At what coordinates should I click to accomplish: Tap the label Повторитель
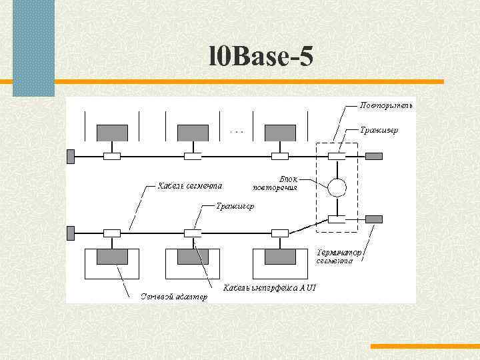tap(386, 105)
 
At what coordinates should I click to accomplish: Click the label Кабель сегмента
tap(190, 185)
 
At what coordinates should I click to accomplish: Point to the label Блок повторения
tap(279, 183)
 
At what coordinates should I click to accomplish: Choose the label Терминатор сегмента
tap(339, 257)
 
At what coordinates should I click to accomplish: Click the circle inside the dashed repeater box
tap(337, 187)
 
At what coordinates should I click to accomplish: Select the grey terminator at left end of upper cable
tap(70, 156)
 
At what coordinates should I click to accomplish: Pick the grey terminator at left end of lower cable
tap(70, 233)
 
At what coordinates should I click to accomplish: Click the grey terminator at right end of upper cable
tap(374, 156)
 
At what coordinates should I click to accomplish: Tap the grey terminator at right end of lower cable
tap(374, 219)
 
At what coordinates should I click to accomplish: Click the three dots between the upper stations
tap(237, 132)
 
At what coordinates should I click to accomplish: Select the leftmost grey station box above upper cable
tap(112, 133)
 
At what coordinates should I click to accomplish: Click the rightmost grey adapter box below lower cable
tap(280, 257)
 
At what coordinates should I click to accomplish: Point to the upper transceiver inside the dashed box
tap(337, 156)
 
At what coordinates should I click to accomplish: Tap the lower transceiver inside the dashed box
tap(337, 219)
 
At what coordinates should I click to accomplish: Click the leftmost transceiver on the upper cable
tap(112, 156)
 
